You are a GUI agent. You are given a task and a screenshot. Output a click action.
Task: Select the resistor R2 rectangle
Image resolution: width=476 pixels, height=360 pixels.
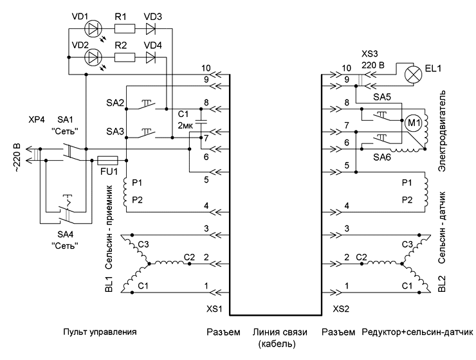pyautogui.click(x=125, y=57)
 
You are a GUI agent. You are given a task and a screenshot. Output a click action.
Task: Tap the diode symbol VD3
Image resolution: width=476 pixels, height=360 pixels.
pyautogui.click(x=151, y=29)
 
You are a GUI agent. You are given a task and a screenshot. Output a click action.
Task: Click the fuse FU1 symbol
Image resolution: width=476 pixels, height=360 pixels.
pyautogui.click(x=107, y=160)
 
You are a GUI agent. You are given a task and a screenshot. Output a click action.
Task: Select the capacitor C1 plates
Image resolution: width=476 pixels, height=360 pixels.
pyautogui.click(x=201, y=122)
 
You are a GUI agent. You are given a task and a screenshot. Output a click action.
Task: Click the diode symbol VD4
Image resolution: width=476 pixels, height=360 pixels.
pyautogui.click(x=151, y=57)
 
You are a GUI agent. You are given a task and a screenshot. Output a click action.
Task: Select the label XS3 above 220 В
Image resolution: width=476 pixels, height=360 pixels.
pyautogui.click(x=370, y=54)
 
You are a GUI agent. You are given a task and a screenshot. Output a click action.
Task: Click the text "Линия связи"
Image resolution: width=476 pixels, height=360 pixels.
pyautogui.click(x=280, y=332)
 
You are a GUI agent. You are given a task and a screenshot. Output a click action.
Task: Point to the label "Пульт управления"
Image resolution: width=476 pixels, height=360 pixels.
pyautogui.click(x=100, y=332)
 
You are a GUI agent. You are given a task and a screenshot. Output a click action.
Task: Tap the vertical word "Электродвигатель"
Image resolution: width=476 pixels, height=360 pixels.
pyautogui.click(x=442, y=130)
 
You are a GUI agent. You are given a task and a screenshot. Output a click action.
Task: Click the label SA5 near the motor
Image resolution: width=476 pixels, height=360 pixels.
pyautogui.click(x=382, y=97)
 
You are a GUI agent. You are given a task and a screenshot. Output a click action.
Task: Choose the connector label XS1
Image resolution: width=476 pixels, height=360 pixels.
pyautogui.click(x=214, y=309)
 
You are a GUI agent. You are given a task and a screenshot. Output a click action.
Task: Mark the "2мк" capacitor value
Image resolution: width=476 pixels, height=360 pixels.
pyautogui.click(x=185, y=125)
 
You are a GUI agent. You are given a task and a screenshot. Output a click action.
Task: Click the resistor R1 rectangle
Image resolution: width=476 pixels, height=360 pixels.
pyautogui.click(x=125, y=29)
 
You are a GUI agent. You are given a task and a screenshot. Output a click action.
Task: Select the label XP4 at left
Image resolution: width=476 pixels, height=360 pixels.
pyautogui.click(x=37, y=120)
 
